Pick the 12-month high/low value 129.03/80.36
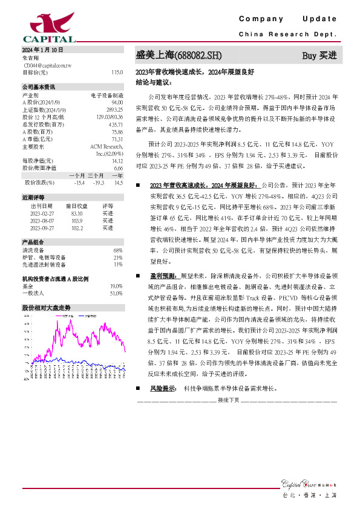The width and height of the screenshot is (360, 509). tap(110, 115)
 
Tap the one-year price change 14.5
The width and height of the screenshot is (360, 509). tap(118, 182)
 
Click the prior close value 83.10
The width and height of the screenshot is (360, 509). tap(77, 213)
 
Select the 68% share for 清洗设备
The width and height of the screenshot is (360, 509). tap(119, 250)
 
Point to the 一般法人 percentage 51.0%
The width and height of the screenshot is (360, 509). tap(117, 293)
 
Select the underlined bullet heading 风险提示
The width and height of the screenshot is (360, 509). tap(162, 389)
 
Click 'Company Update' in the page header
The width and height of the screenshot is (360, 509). tap(287, 19)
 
